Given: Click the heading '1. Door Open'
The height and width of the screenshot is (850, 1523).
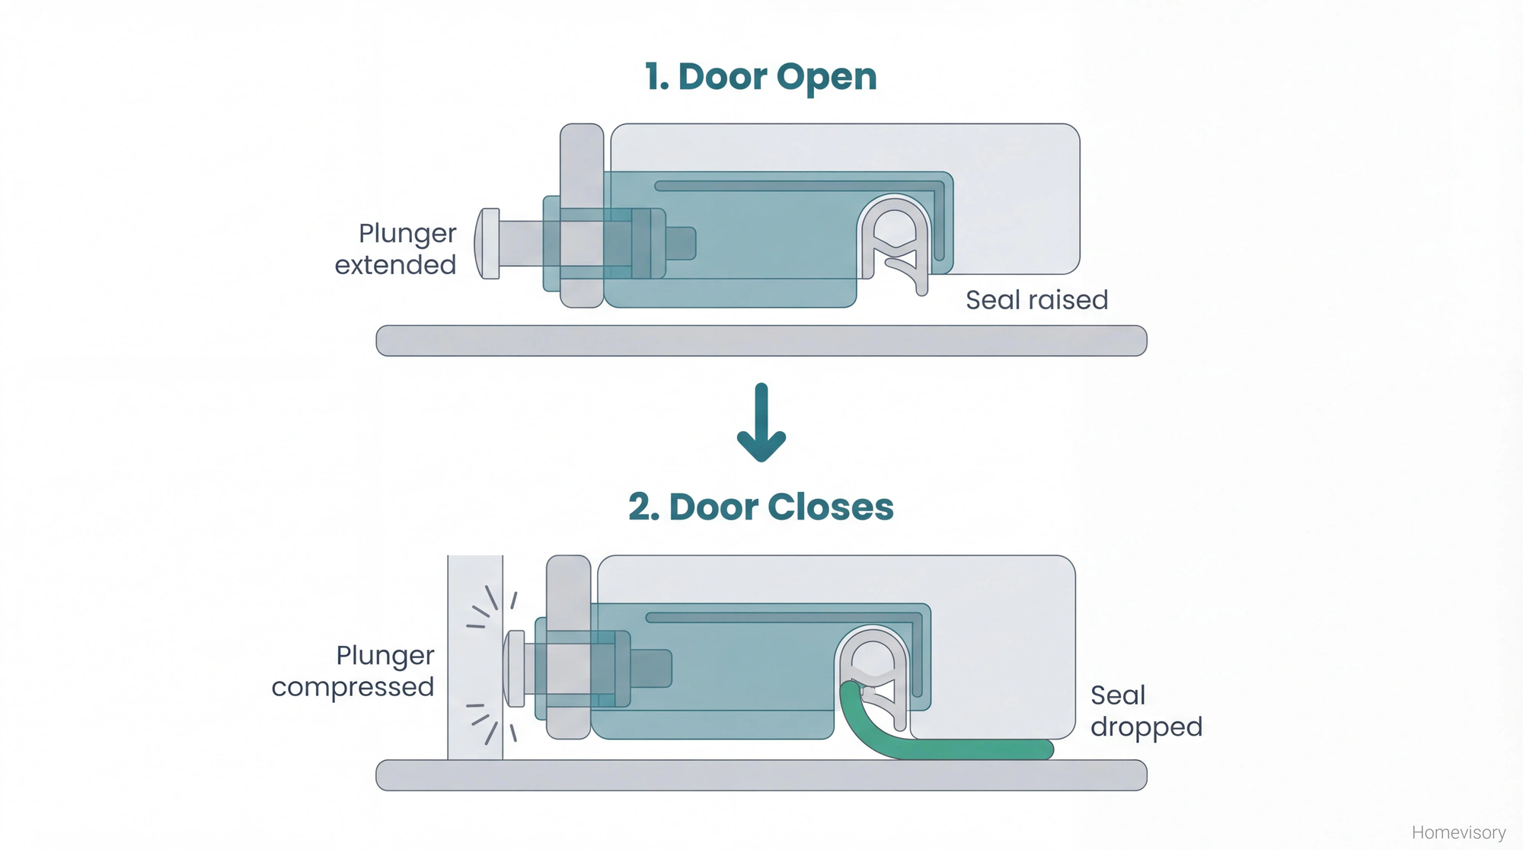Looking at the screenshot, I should pos(761,77).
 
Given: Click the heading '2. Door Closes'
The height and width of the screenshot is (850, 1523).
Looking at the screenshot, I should pos(761,507).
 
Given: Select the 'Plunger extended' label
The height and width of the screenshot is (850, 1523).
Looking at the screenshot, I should pos(396,249).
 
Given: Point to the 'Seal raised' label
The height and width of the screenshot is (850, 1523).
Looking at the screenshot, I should pos(1036,300).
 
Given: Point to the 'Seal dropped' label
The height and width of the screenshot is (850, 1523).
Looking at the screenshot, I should pos(1145,711).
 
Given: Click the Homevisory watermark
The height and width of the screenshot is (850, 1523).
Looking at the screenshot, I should pos(1458,832).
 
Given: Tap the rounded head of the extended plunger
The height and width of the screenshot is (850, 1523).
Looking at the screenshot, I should pos(488,244).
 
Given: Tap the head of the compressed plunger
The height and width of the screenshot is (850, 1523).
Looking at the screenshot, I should pos(515,669).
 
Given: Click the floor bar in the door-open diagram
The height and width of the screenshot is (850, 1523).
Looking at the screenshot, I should pos(761,340).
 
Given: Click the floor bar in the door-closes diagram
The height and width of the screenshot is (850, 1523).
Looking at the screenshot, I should pos(761,775).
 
